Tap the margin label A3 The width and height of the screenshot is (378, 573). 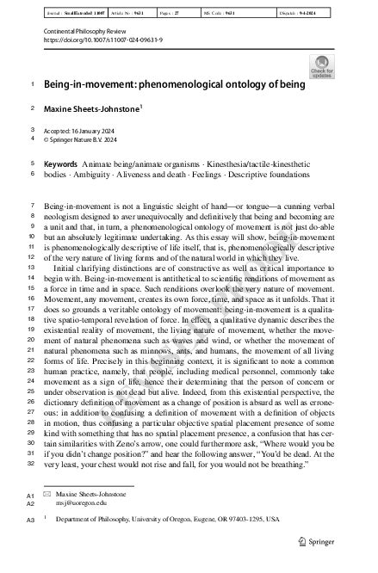coord(30,521)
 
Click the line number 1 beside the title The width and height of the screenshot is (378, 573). coord(33,85)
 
